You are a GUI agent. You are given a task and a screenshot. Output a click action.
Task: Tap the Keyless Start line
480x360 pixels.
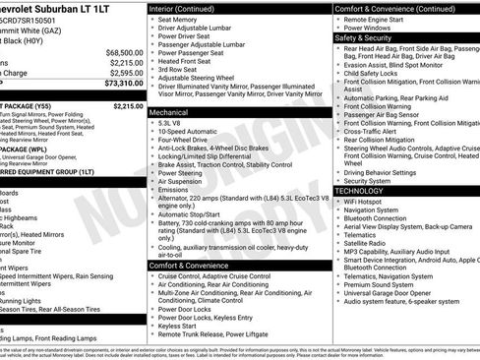(179, 325)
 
